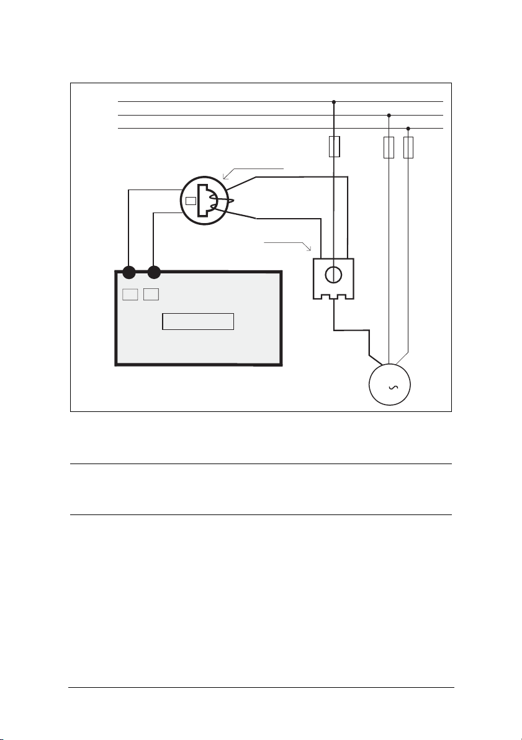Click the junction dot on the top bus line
[334, 101]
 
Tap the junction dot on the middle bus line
[389, 115]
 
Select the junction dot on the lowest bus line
[408, 128]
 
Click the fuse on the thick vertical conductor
[334, 147]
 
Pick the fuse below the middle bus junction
[389, 147]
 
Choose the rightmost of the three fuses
[408, 147]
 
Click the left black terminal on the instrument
[128, 272]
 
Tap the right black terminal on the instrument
[155, 272]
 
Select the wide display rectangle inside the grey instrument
[198, 321]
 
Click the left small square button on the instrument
[129, 294]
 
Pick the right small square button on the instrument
[151, 294]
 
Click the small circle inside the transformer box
[333, 275]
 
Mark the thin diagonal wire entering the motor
[402, 358]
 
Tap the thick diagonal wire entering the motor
[375, 359]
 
